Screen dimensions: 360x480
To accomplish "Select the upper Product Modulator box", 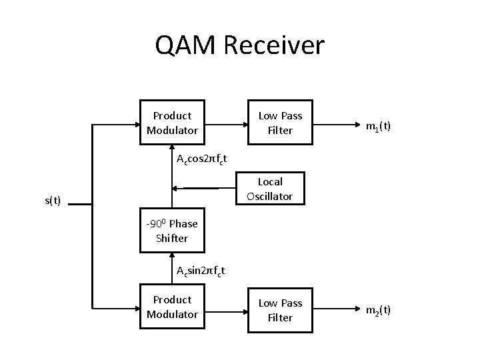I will click(172, 123).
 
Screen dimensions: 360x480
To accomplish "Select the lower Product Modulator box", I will click(172, 307).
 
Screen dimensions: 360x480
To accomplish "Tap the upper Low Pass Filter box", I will click(280, 123).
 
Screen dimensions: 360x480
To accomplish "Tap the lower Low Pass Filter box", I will click(280, 310).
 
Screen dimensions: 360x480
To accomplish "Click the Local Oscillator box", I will click(269, 189).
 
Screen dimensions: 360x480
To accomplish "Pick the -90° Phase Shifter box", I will click(172, 231).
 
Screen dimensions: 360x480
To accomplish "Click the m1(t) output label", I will click(378, 125).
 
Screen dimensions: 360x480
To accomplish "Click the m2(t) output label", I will click(378, 310).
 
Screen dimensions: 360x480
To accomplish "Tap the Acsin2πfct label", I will click(200, 271).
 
